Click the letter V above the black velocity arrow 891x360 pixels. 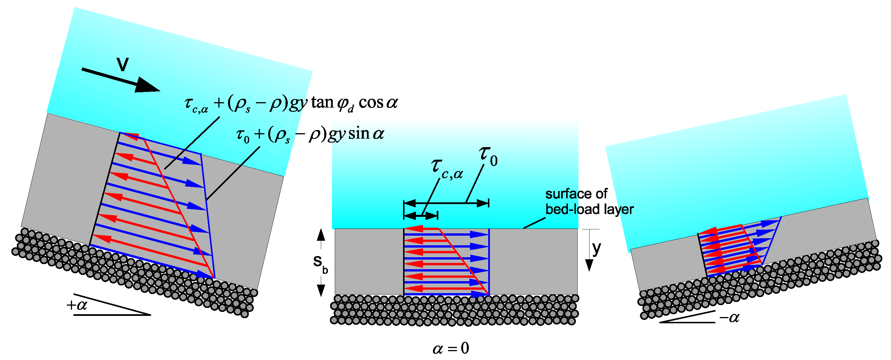[x=122, y=64]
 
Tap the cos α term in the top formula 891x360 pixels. [x=378, y=103]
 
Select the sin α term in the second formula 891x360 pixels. [x=366, y=134]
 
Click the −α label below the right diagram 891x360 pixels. [x=729, y=318]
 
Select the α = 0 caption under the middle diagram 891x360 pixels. [x=451, y=348]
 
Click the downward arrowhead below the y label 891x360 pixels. [x=589, y=266]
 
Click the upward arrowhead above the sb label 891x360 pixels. [x=321, y=235]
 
